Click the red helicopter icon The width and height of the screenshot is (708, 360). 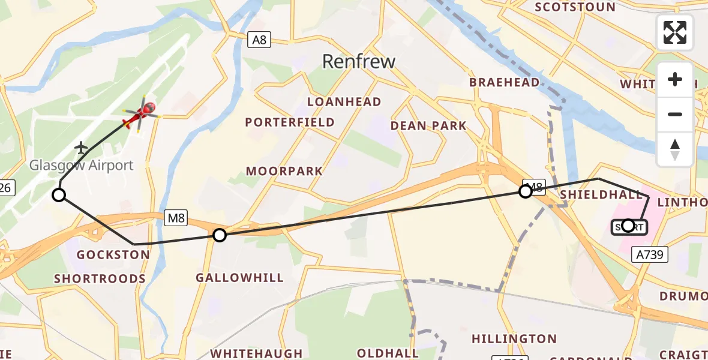coord(140,114)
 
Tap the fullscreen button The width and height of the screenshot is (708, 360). coord(675,32)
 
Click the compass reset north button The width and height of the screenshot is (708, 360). coord(675,149)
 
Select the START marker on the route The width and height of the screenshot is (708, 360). coord(628,226)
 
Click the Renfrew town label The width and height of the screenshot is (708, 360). coord(359,61)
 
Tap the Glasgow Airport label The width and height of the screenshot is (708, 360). coord(82,165)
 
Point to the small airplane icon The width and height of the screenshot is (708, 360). coord(82,147)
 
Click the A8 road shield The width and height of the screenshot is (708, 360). coord(259,40)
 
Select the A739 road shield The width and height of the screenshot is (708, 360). coord(650,255)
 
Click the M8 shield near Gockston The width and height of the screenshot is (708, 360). coord(176,218)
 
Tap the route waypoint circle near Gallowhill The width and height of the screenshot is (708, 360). coord(220,235)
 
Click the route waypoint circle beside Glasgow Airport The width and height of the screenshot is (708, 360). coord(59,194)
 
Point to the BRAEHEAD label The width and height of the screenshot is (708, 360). coord(504,83)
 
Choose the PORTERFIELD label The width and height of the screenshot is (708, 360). coord(290,122)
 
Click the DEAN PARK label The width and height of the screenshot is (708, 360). coord(428,126)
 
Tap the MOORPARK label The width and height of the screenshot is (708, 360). coord(284,172)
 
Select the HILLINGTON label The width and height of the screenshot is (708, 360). coord(514,339)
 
